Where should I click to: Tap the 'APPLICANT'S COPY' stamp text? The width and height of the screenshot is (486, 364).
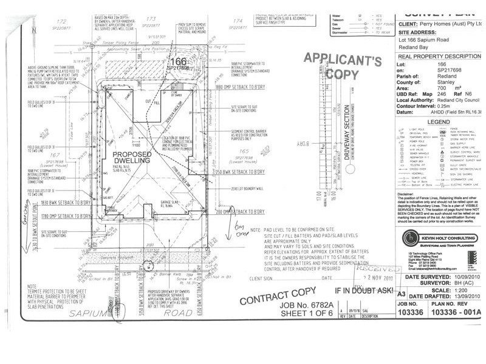342,66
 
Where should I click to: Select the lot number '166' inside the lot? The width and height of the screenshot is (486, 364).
178,61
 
